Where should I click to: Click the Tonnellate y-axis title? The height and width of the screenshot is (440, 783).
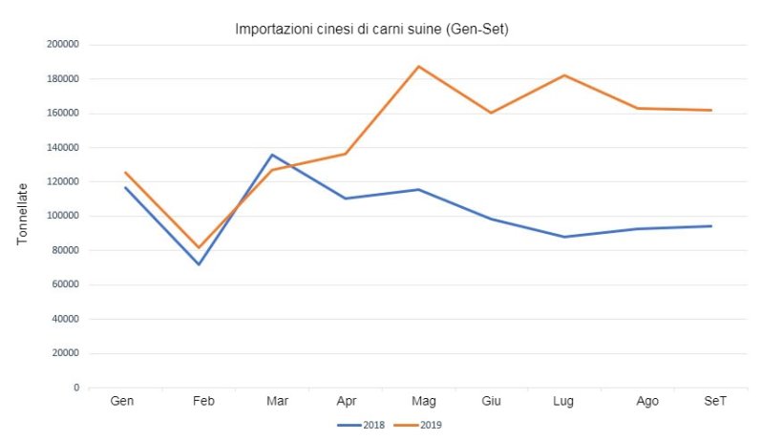point(22,216)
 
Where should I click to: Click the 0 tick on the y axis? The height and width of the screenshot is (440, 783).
point(75,388)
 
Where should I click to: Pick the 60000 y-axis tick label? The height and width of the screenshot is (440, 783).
point(65,284)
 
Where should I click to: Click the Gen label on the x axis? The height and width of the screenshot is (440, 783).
point(122,402)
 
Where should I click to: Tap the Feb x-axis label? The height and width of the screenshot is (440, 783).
point(203,402)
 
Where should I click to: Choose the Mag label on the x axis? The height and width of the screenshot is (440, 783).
point(424,402)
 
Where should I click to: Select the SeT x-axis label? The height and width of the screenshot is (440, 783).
point(714,402)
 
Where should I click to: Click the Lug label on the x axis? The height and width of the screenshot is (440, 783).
point(563,402)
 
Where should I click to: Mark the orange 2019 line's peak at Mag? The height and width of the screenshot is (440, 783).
point(418,67)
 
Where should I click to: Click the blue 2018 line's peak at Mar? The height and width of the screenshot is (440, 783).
point(272,155)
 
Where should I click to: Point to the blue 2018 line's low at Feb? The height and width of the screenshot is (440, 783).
point(199,264)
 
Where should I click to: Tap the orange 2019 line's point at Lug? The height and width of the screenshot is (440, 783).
point(564,75)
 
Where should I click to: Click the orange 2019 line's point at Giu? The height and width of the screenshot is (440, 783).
point(491,113)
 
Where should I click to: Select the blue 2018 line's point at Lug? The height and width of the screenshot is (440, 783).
point(564,237)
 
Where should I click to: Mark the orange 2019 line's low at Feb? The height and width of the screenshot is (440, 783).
point(199,248)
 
